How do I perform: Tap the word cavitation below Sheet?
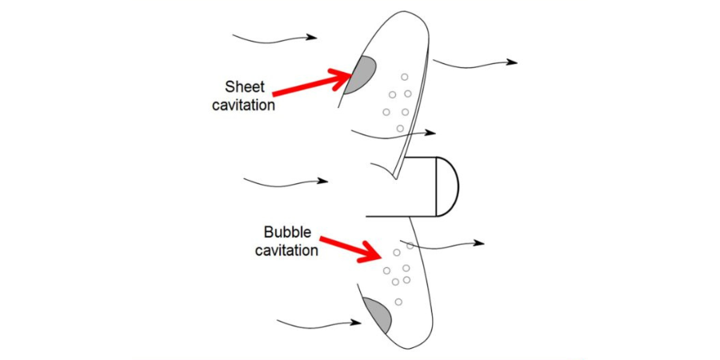[249, 104]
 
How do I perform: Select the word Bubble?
[286, 234]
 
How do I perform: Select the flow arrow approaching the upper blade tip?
[274, 37]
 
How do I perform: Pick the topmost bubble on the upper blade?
[405, 78]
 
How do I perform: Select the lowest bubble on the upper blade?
[400, 128]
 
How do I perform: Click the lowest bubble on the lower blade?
[398, 301]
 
